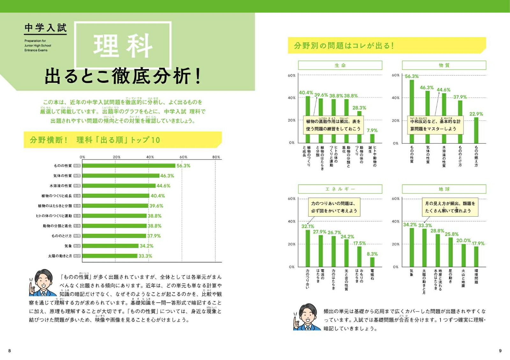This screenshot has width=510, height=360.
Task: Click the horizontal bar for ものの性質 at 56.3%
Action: pyautogui.click(x=129, y=166)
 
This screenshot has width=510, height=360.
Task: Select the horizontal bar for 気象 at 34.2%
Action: pyautogui.click(x=111, y=246)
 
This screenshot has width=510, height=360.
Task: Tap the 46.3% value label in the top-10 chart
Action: pyautogui.click(x=167, y=176)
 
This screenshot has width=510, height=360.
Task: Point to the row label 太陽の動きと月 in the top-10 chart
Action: pyautogui.click(x=60, y=256)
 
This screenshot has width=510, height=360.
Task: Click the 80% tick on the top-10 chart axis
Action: pyautogui.click(x=216, y=157)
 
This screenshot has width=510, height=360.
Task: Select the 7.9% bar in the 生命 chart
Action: pyautogui.click(x=372, y=138)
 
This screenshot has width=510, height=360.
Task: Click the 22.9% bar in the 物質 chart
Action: pyautogui.click(x=476, y=130)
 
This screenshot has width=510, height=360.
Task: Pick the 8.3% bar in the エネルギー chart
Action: pyautogui.click(x=372, y=262)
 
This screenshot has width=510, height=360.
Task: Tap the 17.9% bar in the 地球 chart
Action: pyautogui.click(x=476, y=256)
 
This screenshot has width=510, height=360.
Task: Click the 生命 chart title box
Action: pyautogui.click(x=340, y=65)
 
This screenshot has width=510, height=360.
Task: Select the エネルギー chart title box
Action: pyautogui.click(x=340, y=189)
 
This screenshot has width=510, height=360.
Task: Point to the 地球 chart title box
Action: pyautogui.click(x=444, y=189)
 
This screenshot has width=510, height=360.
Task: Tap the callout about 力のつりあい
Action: pyautogui.click(x=334, y=207)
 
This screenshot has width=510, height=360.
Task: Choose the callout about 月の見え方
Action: pyautogui.click(x=450, y=207)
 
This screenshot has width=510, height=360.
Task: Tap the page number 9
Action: pyautogui.click(x=500, y=351)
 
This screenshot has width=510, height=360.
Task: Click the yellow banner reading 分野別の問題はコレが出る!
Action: pyautogui.click(x=386, y=46)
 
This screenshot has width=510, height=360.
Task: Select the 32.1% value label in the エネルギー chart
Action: pyautogui.click(x=308, y=226)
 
